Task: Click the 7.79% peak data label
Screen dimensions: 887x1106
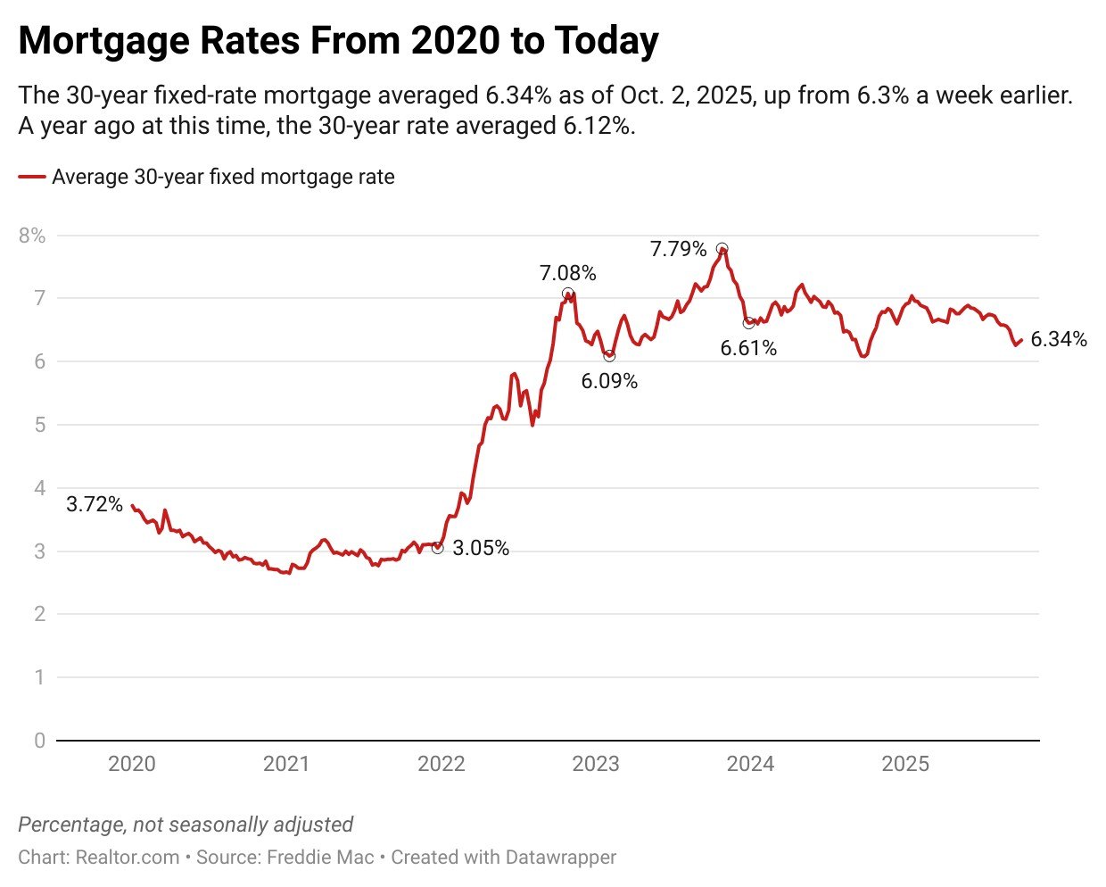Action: (x=678, y=249)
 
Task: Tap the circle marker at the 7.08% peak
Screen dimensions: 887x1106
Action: (x=567, y=294)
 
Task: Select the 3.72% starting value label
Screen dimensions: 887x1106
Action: (x=95, y=504)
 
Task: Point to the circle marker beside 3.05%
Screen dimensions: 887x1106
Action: (x=437, y=548)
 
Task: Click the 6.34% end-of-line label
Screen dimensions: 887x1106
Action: (x=1059, y=339)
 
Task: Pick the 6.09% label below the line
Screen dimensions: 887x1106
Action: (x=609, y=381)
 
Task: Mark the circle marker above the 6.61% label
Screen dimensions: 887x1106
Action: (x=748, y=323)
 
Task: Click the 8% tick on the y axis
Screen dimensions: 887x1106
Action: (x=31, y=236)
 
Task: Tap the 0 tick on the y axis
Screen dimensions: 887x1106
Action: (x=38, y=741)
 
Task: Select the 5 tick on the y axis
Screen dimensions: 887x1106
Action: (x=38, y=425)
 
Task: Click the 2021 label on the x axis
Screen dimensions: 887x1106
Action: (x=286, y=764)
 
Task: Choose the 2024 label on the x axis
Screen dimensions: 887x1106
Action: (x=750, y=764)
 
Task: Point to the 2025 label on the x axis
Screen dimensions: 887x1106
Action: (x=905, y=764)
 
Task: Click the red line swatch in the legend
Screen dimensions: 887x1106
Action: (x=32, y=177)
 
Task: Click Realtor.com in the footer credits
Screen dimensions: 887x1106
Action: (x=128, y=858)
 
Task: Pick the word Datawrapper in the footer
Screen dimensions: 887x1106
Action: (x=560, y=858)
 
